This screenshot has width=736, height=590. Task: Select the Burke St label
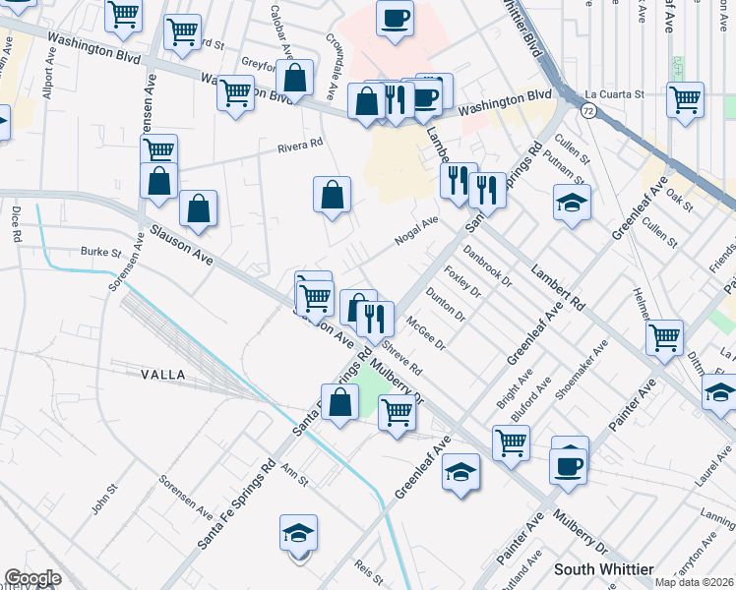click(x=99, y=252)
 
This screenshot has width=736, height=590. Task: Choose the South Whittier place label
click(x=603, y=569)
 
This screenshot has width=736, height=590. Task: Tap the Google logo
click(x=32, y=577)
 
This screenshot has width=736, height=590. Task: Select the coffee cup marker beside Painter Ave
click(x=569, y=465)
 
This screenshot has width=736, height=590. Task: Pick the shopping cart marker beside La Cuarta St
click(x=685, y=100)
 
